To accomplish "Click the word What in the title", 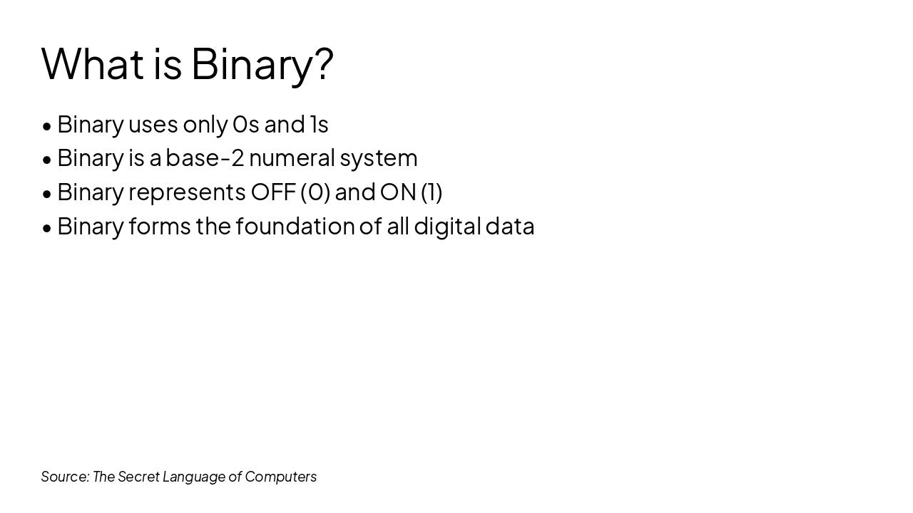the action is (x=93, y=64).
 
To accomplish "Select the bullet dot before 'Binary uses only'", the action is (x=47, y=126).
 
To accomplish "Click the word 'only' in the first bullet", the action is (x=205, y=125).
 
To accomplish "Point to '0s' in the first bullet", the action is (x=246, y=125).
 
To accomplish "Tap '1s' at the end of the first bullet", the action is (x=319, y=125).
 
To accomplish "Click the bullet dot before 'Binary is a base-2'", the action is (x=47, y=160).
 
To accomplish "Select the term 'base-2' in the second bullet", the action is (x=205, y=157).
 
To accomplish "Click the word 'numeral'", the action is (x=292, y=157).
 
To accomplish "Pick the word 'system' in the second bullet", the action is (x=379, y=160).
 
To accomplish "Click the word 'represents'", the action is (x=187, y=193).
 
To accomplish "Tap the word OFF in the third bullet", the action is (x=273, y=192).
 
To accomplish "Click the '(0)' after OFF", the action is (x=315, y=192).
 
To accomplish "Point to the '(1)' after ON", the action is (x=432, y=192).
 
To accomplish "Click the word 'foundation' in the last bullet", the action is (x=295, y=226).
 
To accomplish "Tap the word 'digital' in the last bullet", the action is (x=447, y=227).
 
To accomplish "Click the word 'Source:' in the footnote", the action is (x=65, y=477).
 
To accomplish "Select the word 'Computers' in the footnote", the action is (x=281, y=477).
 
